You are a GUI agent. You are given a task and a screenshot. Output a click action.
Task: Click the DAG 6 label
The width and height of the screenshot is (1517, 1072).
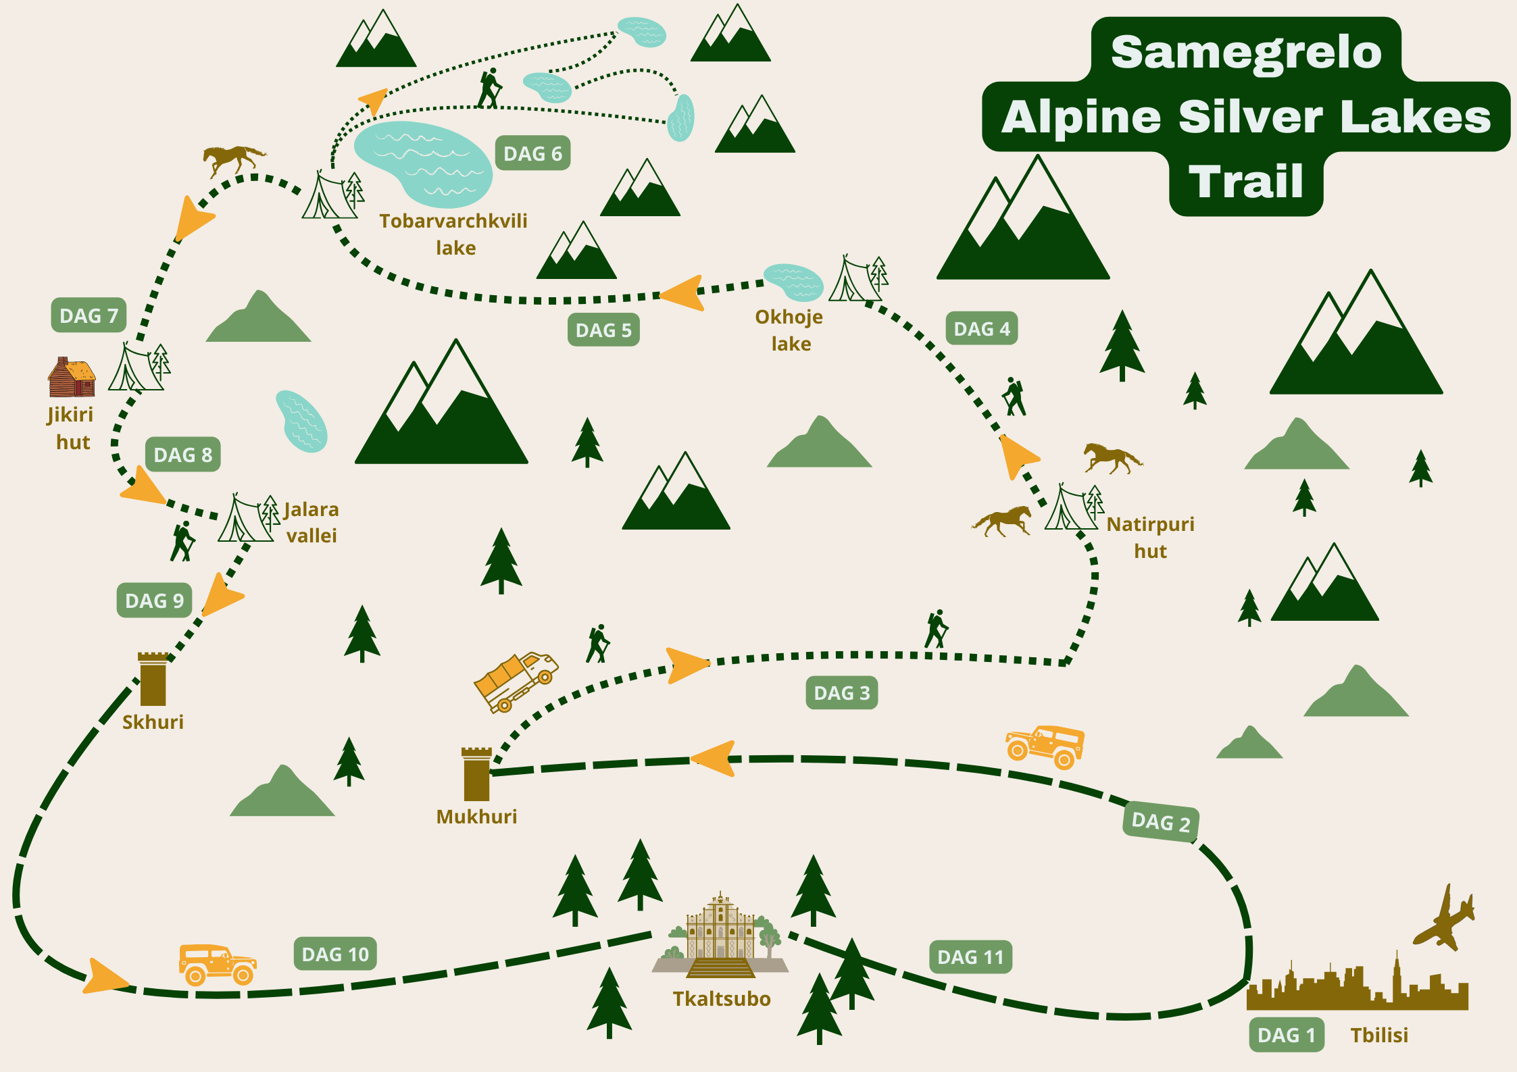[532, 153]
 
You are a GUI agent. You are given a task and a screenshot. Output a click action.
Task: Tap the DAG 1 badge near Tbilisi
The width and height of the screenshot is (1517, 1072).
[1286, 1035]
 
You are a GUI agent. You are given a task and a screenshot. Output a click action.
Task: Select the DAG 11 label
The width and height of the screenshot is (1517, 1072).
[970, 956]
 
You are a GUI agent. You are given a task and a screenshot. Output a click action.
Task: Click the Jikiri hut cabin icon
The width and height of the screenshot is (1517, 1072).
[72, 378]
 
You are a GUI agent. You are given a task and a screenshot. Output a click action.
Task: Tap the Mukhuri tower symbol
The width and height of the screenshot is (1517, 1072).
[476, 774]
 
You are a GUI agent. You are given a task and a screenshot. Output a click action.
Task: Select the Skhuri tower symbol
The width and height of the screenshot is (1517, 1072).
[153, 680]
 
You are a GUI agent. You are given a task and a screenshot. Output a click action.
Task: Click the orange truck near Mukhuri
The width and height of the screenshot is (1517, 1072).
[516, 681]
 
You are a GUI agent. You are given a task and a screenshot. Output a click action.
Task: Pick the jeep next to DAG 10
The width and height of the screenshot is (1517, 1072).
[217, 965]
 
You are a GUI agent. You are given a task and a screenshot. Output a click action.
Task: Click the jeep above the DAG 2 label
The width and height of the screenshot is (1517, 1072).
[1045, 746]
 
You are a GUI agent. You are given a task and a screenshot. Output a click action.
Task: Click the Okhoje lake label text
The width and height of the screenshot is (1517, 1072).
[789, 330]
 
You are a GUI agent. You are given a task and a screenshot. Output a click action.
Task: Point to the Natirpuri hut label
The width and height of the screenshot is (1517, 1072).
[1150, 537]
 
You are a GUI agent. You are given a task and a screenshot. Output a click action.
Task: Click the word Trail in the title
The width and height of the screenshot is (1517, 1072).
[1245, 181]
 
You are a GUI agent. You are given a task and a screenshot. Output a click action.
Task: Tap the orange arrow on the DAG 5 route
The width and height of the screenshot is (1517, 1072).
[683, 293]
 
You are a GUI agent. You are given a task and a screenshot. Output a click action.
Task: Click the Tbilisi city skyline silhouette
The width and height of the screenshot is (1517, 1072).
[1357, 988]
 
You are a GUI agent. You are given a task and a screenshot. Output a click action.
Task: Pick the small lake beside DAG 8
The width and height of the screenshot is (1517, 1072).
[301, 421]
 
